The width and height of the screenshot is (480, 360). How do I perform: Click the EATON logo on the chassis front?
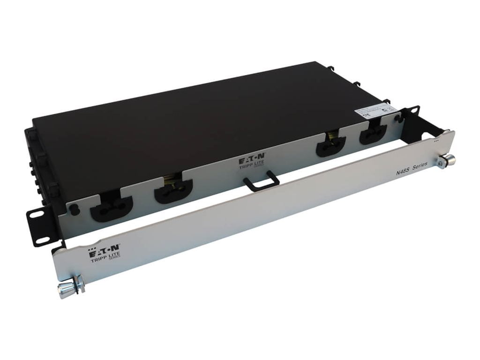click(x=254, y=155)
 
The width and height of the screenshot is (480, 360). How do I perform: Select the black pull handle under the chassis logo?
click(x=262, y=182)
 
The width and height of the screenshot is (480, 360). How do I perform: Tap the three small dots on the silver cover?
click(x=436, y=140)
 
